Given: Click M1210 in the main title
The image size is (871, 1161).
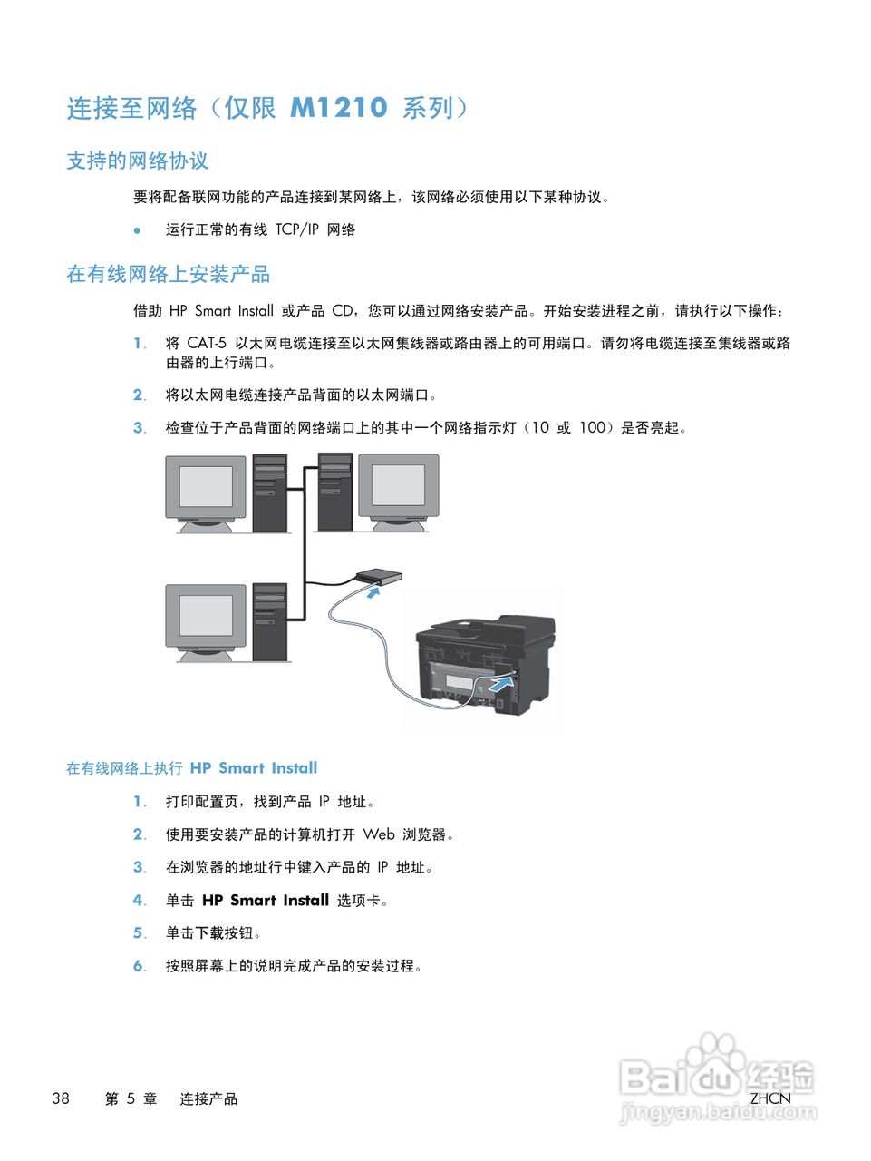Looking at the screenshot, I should (x=338, y=108).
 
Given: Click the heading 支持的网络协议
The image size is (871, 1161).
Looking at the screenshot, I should (x=137, y=161).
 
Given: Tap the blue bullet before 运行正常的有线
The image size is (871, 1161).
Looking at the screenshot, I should (x=138, y=230).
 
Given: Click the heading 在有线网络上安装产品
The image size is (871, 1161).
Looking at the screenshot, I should (x=168, y=274).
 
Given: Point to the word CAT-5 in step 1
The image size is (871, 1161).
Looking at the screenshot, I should (x=207, y=343).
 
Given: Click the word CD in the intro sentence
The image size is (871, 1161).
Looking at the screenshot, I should (x=343, y=311).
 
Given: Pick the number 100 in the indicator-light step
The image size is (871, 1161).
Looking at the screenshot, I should (x=592, y=427).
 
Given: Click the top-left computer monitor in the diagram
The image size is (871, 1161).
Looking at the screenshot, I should (x=206, y=488).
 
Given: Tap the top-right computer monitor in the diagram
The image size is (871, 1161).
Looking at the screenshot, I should (x=399, y=488).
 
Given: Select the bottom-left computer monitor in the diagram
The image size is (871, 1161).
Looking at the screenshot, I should (x=206, y=618).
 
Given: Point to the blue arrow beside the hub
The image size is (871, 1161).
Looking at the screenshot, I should (x=372, y=592).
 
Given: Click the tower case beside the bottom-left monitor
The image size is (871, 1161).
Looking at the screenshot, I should (x=270, y=621).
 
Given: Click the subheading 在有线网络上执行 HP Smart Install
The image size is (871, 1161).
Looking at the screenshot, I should (x=191, y=768).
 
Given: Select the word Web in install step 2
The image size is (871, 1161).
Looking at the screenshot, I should (x=379, y=834).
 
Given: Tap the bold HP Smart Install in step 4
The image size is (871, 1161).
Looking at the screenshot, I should (x=265, y=901).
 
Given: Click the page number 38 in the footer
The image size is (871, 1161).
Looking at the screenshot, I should (x=61, y=1098).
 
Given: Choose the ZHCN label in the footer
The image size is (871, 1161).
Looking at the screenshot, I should (x=770, y=1098).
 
